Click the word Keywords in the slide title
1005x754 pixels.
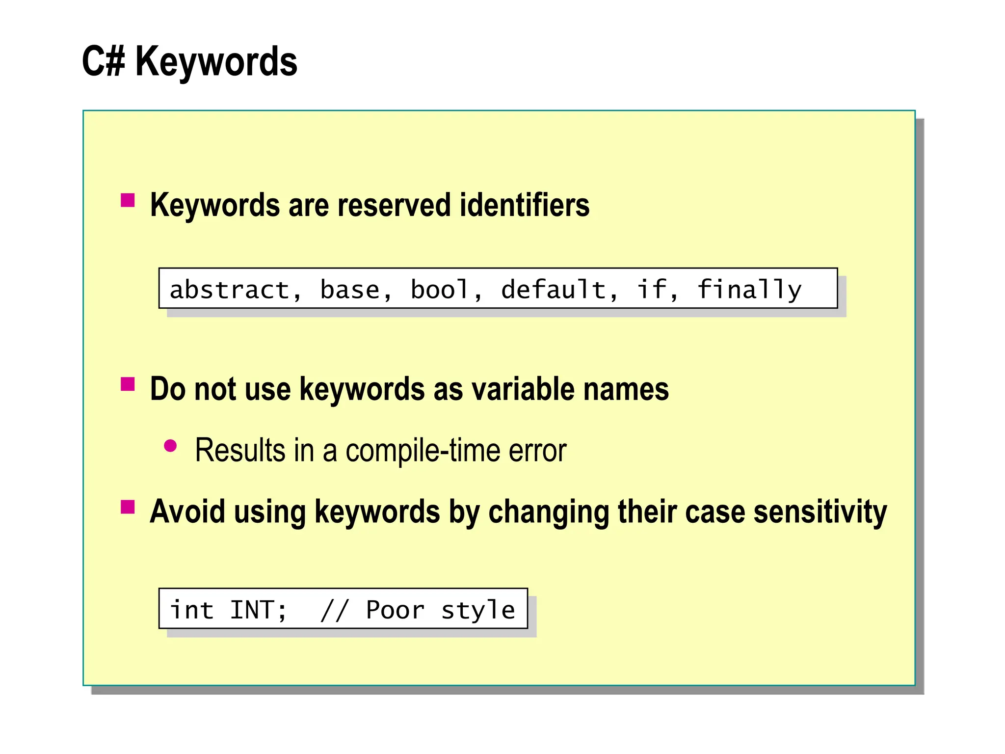tap(216, 61)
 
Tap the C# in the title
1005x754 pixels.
tap(103, 61)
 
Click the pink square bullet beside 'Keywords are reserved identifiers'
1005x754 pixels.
tap(128, 200)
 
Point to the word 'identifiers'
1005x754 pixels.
tap(524, 205)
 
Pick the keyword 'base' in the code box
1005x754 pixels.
tap(350, 290)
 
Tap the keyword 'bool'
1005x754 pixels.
tap(440, 290)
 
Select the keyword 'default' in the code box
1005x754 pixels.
tap(554, 290)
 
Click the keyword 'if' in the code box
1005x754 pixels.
tap(652, 290)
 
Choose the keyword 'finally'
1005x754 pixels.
tap(749, 290)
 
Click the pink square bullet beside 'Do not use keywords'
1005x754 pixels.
tap(128, 384)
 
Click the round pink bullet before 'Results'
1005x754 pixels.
tap(170, 446)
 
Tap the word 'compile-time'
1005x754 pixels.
tap(423, 450)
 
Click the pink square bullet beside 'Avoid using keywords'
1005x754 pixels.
tap(128, 507)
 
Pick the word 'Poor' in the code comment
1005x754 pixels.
tap(396, 610)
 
